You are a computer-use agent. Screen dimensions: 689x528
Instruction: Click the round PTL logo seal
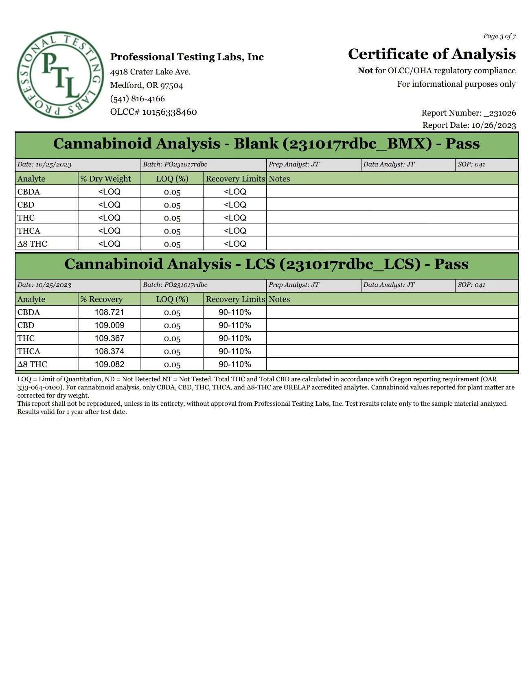click(60, 75)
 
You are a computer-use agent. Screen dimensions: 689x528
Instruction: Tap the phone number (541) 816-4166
click(137, 98)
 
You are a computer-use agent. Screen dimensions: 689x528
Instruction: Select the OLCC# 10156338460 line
click(153, 112)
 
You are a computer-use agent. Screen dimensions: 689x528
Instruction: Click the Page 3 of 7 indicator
click(500, 36)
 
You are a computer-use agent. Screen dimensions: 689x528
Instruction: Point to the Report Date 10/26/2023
click(469, 125)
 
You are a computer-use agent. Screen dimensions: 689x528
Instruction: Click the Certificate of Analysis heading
click(432, 54)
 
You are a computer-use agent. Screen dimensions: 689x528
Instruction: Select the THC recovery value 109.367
click(110, 338)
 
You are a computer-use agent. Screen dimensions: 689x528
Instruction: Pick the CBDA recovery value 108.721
click(109, 312)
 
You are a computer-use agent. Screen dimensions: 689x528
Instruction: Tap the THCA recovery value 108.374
click(110, 351)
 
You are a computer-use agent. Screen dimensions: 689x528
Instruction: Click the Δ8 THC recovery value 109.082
click(110, 364)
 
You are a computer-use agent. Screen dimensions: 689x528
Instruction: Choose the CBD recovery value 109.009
click(110, 325)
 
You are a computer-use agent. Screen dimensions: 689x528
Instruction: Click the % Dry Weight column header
click(105, 179)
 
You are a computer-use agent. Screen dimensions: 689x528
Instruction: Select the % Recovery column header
click(101, 299)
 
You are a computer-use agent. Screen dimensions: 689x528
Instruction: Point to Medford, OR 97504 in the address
click(147, 85)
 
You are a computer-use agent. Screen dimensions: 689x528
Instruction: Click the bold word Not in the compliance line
click(365, 70)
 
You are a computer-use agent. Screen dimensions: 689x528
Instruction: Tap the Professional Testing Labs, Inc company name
click(187, 57)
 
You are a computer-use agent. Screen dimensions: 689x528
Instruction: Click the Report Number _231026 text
click(469, 113)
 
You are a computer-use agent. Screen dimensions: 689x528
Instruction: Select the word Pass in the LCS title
click(451, 264)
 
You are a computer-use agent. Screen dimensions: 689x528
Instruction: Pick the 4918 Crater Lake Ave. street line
click(150, 72)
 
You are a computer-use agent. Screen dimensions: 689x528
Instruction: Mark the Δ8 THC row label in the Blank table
click(32, 244)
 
